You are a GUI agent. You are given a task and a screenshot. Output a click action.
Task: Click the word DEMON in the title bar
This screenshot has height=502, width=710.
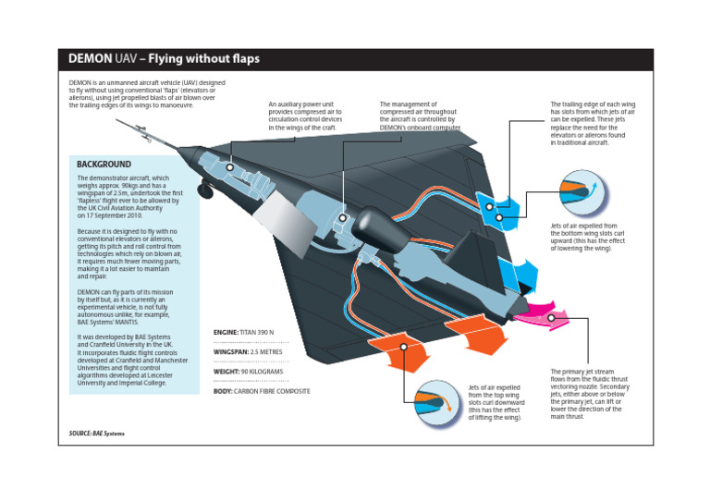[89, 59]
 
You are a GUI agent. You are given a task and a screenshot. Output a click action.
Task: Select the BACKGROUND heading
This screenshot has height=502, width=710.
[104, 164]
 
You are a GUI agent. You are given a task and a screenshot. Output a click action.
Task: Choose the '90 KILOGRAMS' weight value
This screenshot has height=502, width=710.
[263, 372]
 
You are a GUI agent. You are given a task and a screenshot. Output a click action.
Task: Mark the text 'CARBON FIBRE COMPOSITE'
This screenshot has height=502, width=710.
[273, 391]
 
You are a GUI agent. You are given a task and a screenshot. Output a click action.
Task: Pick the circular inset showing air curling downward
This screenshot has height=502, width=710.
[435, 402]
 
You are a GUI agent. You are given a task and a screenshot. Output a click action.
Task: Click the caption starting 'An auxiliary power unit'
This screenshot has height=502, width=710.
[306, 117]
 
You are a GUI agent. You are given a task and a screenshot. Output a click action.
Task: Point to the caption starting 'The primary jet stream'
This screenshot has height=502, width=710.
[590, 394]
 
